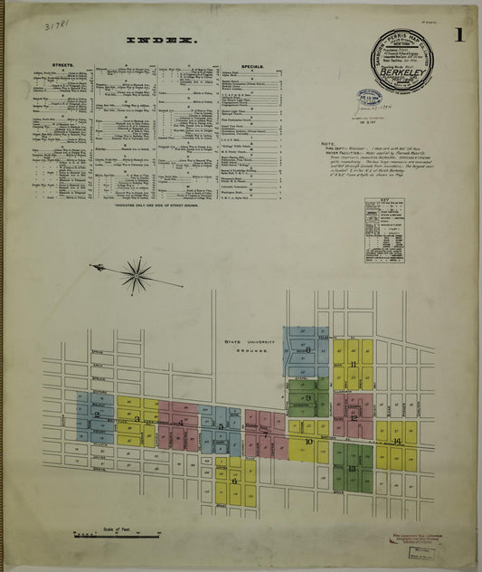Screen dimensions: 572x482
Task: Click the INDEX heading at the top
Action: tap(162, 41)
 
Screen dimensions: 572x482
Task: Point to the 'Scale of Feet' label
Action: tap(117, 529)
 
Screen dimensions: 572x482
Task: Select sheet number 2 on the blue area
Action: tap(96, 415)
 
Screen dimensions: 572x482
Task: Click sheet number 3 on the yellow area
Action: tap(137, 419)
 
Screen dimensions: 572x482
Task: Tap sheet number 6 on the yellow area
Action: tap(234, 481)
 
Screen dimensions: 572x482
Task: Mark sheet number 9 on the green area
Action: tap(308, 397)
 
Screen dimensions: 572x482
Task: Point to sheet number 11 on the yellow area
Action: tap(354, 365)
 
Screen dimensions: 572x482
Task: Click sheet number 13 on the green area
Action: tap(351, 468)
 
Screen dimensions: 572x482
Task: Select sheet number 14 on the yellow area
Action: tap(397, 441)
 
